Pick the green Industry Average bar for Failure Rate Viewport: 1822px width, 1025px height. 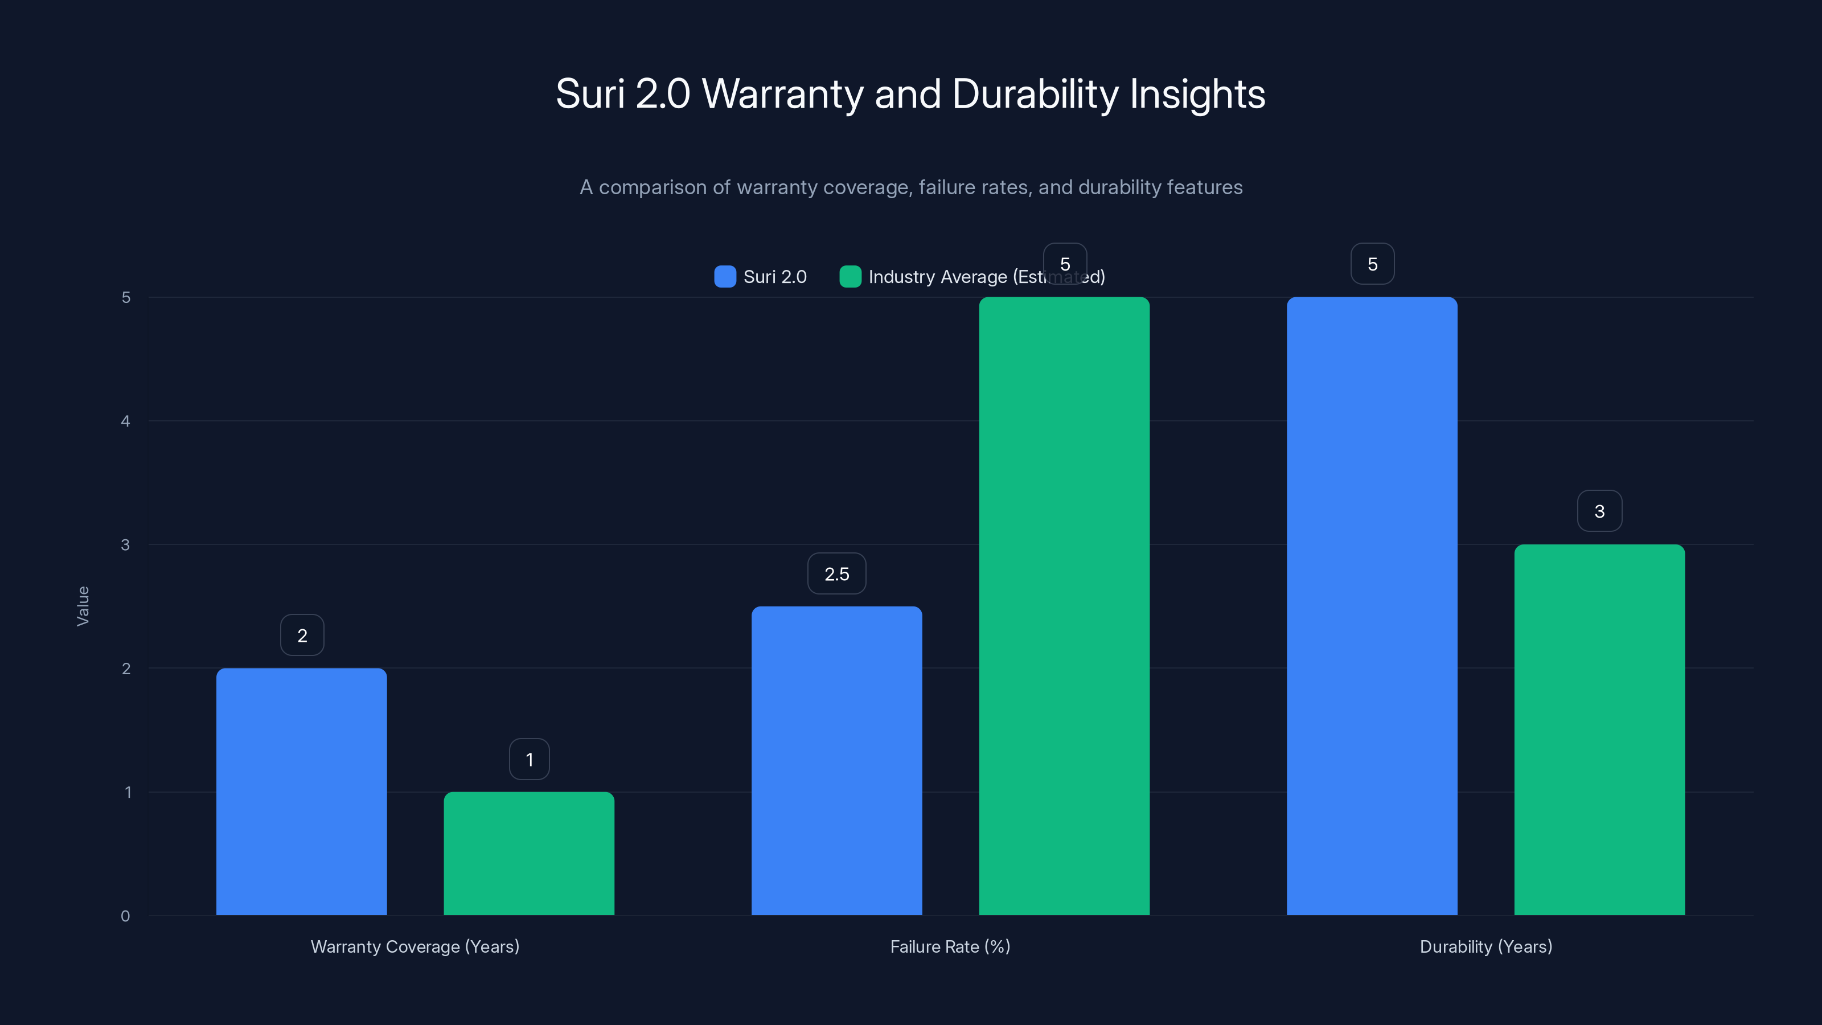[1064, 606]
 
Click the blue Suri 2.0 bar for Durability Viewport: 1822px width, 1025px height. [1372, 606]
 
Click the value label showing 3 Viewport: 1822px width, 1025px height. [1599, 511]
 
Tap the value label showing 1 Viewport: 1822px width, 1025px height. [529, 759]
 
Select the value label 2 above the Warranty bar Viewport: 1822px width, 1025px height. [302, 635]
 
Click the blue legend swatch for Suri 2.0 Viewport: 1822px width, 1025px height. [725, 277]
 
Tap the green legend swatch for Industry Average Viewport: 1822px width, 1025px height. [850, 277]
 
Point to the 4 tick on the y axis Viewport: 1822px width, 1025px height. [125, 421]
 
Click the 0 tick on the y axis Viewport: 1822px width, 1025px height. [125, 916]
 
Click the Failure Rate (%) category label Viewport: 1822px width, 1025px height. [950, 946]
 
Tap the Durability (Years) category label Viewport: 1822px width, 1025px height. [1485, 946]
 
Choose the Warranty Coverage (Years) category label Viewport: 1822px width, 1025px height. [415, 946]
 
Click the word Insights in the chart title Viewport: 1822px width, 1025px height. [1197, 94]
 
